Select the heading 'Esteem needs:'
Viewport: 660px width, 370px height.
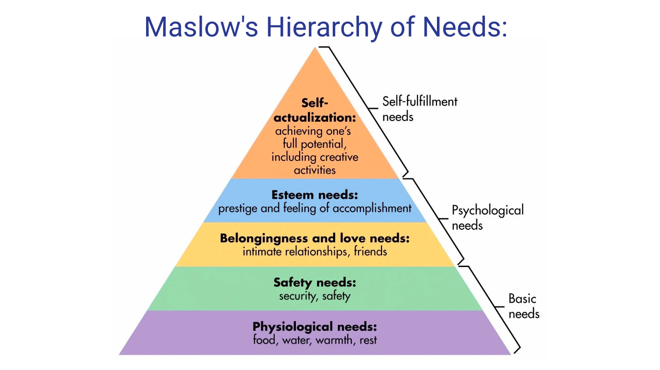[x=315, y=194]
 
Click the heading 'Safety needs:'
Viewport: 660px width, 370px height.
[x=315, y=282]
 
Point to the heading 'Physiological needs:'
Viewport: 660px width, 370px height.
[x=315, y=327]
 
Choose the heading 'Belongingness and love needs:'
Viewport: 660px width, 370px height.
[x=315, y=239]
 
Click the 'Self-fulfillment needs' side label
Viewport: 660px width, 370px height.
[x=419, y=108]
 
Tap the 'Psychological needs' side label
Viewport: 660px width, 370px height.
[x=487, y=218]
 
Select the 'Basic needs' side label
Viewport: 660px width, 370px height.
[x=524, y=306]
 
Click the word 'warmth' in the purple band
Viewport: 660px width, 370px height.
[x=332, y=340]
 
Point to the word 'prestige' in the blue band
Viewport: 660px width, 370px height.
[x=238, y=208]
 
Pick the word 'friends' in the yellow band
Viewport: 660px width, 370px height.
[x=370, y=252]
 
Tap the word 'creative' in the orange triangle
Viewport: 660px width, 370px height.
[x=339, y=157]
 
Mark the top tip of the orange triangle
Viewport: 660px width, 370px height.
[x=315, y=47]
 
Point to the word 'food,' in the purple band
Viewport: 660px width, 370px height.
[x=265, y=340]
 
